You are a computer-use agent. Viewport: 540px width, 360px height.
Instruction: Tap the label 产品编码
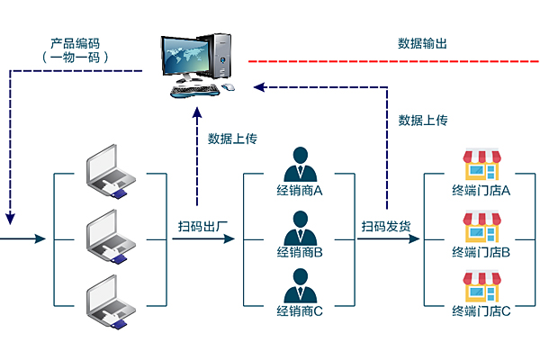(x=75, y=42)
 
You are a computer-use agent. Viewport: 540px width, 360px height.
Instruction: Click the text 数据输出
(x=422, y=42)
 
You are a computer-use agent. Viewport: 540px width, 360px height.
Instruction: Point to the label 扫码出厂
(x=202, y=225)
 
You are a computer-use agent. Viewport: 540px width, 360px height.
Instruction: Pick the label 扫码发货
(x=386, y=225)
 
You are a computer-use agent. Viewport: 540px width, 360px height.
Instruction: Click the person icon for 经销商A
(x=300, y=165)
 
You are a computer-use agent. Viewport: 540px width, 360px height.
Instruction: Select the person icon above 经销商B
(x=300, y=225)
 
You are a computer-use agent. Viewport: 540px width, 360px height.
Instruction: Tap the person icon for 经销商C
(x=300, y=285)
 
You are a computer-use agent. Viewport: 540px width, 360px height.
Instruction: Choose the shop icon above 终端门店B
(x=481, y=227)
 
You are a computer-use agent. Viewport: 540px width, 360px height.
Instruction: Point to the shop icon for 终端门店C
(x=481, y=286)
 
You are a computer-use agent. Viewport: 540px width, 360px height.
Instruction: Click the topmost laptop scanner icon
(x=111, y=173)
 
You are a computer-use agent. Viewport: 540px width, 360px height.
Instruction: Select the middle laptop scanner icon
(x=111, y=235)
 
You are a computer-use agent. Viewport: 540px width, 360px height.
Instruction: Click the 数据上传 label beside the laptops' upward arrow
(x=233, y=139)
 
